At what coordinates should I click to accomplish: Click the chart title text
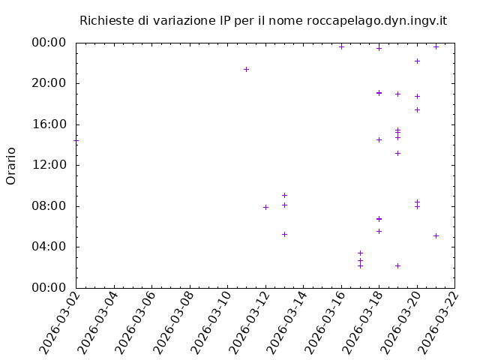tap(263, 20)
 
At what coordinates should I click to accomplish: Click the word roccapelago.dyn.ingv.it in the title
tap(376, 20)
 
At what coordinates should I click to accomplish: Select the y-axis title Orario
tap(11, 166)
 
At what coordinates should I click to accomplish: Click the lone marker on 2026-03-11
tap(246, 69)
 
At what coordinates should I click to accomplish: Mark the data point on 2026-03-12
tap(265, 207)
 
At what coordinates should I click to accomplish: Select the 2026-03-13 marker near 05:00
tap(284, 234)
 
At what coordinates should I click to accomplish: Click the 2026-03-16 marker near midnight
tap(341, 46)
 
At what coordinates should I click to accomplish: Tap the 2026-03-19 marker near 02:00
tap(397, 265)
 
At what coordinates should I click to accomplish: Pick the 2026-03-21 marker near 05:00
tap(436, 235)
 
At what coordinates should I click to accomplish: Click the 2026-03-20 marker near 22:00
tap(417, 61)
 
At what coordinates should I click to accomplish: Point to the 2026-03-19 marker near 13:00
tap(397, 153)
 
